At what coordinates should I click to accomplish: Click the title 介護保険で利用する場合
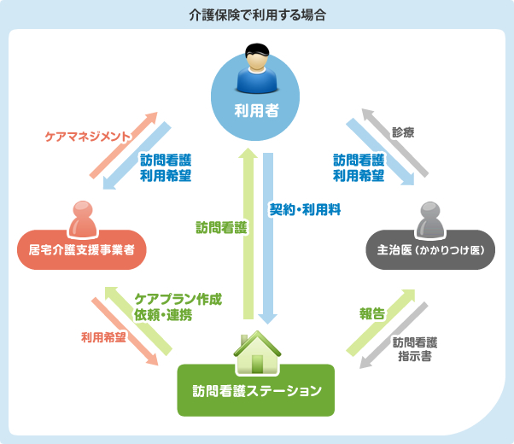(x=257, y=15)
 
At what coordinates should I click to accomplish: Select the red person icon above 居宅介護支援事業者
(x=82, y=219)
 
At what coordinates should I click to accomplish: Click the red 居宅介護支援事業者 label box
(x=82, y=249)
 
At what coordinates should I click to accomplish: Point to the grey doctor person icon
(x=431, y=219)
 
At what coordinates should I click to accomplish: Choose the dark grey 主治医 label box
(x=431, y=250)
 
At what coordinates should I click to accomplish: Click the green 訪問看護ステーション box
(x=257, y=391)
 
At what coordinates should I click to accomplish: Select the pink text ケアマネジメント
(x=88, y=136)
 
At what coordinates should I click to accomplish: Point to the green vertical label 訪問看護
(x=221, y=227)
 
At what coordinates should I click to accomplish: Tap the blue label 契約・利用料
(x=305, y=209)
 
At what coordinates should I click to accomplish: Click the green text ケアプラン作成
(x=178, y=300)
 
